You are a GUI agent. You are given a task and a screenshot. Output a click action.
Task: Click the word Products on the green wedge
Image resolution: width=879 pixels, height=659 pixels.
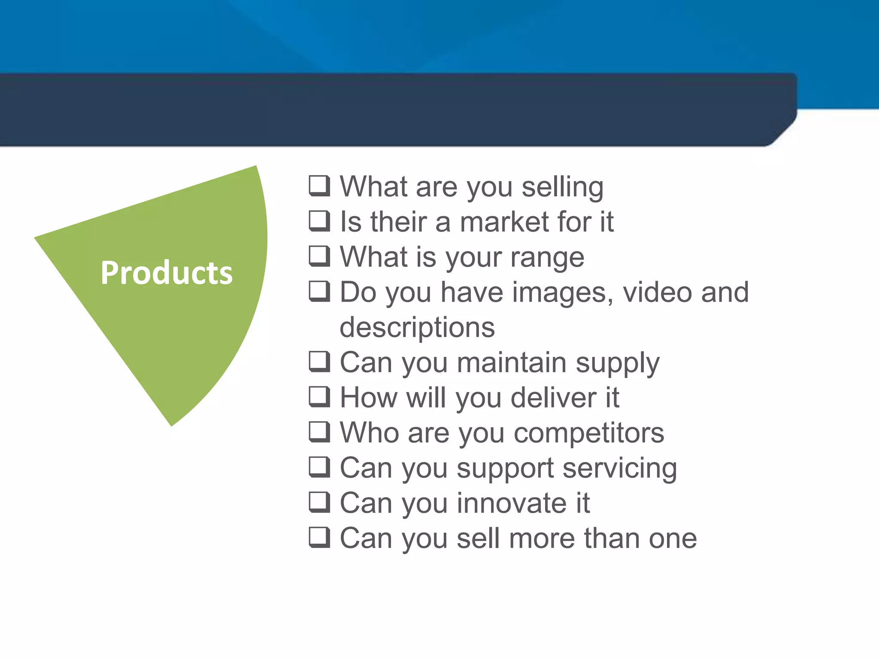[x=167, y=273]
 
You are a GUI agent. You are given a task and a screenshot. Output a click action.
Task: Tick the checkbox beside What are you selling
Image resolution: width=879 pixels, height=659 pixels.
[x=319, y=186]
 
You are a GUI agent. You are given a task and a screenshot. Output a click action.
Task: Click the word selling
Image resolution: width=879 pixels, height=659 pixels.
[x=563, y=187]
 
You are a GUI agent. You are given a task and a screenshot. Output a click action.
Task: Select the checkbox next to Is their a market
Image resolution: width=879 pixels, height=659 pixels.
[x=319, y=221]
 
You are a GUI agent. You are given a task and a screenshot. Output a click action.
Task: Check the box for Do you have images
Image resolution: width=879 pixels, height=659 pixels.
[x=319, y=291]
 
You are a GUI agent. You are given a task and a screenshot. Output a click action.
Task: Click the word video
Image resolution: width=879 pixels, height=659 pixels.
[x=657, y=292]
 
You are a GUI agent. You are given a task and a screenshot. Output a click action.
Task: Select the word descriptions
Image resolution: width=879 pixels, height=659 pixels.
[x=417, y=328]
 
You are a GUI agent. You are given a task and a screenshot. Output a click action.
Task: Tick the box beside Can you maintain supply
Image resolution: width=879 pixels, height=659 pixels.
[x=319, y=362]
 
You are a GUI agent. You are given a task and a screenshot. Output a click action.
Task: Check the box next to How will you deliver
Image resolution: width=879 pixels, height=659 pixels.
[x=319, y=397]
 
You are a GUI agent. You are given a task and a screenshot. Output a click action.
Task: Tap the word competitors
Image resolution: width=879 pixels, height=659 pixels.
[x=589, y=433]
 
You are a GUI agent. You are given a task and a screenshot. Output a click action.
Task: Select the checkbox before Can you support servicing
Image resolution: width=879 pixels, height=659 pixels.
[x=319, y=467]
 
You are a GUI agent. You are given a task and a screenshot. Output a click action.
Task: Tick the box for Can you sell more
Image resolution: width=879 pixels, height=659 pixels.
[x=319, y=538]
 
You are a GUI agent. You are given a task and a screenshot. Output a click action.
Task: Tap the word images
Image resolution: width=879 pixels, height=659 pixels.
[x=563, y=293]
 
